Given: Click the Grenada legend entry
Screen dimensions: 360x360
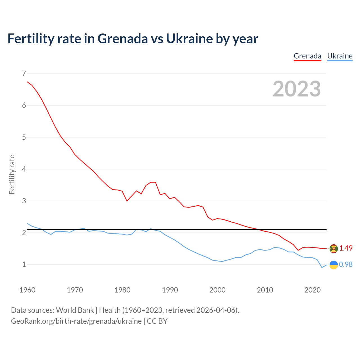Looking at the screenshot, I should pos(307,56).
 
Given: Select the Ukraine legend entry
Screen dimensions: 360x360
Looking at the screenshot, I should pos(340,56).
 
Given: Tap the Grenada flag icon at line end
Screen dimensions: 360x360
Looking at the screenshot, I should pos(334,249).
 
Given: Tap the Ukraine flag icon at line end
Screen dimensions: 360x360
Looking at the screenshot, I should pos(334,265).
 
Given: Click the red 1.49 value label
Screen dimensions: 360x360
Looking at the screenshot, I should pos(346,248).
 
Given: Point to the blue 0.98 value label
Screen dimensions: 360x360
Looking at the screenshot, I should pos(346,264).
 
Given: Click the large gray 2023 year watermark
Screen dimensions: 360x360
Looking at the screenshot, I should pos(297,89).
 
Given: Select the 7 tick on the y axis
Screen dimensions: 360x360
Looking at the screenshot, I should pos(24,73).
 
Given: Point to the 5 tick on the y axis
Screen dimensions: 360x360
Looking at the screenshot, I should pos(24,137).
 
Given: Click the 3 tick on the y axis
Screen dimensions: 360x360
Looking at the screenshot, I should pos(24,201).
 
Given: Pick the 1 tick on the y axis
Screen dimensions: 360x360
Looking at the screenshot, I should pos(24,264).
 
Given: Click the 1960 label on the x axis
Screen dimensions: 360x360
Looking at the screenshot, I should pos(27,290).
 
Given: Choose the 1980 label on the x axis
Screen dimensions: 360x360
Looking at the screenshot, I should pos(122,290).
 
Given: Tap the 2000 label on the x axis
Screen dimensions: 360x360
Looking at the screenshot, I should pos(217,290).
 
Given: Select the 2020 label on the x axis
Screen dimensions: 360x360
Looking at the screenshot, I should pos(312,290).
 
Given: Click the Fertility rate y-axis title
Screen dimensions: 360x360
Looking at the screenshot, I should pos(12,174).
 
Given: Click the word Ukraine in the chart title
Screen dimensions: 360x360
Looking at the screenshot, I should pos(189,39).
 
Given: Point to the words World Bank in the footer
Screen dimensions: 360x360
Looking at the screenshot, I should pos(75,310).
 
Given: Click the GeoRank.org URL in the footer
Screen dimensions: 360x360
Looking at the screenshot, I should pos(76,321).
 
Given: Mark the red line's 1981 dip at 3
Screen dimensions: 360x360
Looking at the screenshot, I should pos(127,201).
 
